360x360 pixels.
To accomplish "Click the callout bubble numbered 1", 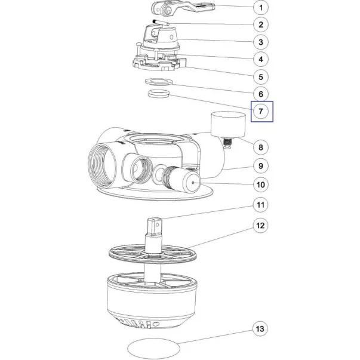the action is click(x=260, y=8).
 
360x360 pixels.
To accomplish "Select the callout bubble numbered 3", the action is click(x=260, y=42).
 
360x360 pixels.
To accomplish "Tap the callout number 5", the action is click(x=260, y=77).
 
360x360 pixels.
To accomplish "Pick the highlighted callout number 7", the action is click(x=260, y=112).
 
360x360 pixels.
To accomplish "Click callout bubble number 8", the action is click(x=260, y=147).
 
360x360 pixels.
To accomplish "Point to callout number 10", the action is click(x=260, y=184).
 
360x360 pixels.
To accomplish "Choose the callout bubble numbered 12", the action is click(x=260, y=226).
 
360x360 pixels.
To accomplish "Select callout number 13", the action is click(x=260, y=329).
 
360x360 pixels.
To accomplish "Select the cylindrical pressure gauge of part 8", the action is click(x=228, y=124).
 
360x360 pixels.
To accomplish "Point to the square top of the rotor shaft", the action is click(x=155, y=226).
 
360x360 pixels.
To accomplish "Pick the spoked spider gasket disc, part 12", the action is click(x=152, y=254).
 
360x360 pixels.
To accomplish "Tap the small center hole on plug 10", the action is click(x=193, y=183).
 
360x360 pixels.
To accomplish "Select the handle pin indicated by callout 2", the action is click(x=161, y=23).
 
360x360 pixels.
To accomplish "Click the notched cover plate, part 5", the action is click(x=159, y=62).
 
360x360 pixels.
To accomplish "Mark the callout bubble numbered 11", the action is click(x=260, y=205).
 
